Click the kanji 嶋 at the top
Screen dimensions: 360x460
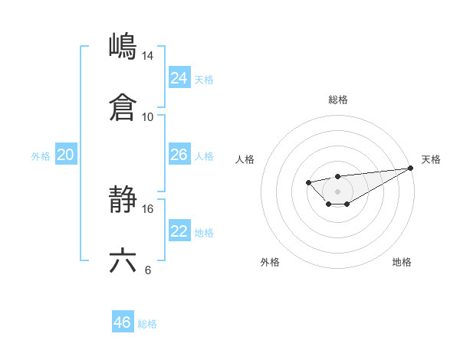pos(123,46)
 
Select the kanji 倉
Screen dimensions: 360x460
pos(123,106)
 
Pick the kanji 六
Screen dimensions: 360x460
pos(123,260)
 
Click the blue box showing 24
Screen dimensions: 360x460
pos(179,78)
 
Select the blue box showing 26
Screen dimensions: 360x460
pos(179,155)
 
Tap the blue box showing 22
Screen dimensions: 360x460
pos(179,231)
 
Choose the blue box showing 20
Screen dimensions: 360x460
pos(65,155)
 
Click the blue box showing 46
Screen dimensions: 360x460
pos(122,322)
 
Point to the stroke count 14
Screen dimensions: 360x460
pos(147,56)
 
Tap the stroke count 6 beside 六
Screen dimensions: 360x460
pos(147,270)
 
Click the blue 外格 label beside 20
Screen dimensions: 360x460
pos(41,156)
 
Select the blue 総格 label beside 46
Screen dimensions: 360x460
pos(147,324)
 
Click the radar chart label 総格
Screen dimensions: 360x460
pos(337,100)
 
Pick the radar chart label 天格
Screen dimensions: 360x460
pos(432,159)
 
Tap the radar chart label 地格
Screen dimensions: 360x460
pos(402,262)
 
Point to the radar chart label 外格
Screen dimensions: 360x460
pos(270,262)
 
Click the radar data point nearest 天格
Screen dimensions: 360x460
pos(411,168)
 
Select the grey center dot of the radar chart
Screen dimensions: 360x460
pos(337,191)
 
